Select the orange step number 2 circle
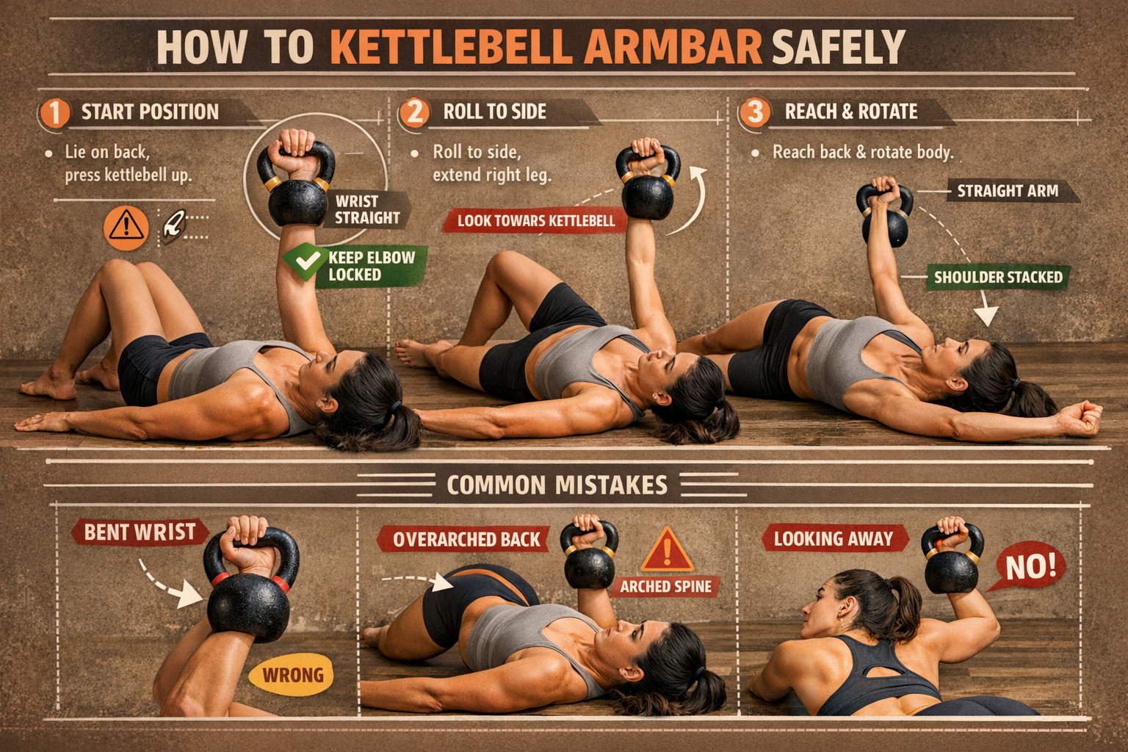point(415,112)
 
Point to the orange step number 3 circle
point(754,112)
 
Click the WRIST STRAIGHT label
point(367,209)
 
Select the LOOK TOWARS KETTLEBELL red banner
point(535,220)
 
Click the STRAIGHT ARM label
point(1007,192)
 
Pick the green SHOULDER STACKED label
point(997,278)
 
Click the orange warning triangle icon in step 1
point(126,228)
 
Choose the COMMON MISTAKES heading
point(557,485)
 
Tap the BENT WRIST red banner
point(140,532)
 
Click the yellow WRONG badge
point(292,675)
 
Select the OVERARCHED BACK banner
point(466,540)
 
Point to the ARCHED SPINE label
point(665,586)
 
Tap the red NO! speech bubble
point(1030,568)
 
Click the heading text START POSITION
point(150,112)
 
